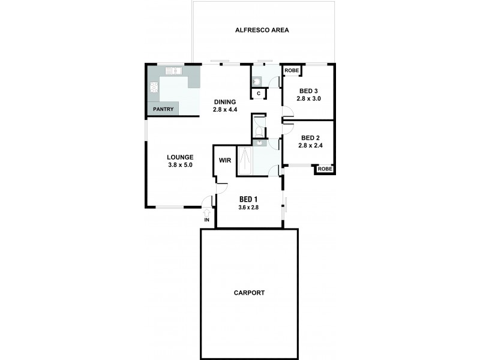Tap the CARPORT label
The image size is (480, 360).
[x=250, y=293]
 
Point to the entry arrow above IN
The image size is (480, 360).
[x=207, y=211]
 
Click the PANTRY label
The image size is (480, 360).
[x=163, y=109]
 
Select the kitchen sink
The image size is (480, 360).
[x=173, y=71]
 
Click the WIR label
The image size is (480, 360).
[x=225, y=160]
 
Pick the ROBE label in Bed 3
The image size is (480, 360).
[x=292, y=71]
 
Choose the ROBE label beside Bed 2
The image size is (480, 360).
[x=325, y=169]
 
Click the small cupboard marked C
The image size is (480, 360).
[x=259, y=93]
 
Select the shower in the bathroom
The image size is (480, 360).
[x=245, y=160]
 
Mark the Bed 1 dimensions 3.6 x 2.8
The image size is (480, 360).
[x=248, y=207]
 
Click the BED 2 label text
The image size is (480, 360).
[x=310, y=137]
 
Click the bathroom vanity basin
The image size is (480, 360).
[x=260, y=143]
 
